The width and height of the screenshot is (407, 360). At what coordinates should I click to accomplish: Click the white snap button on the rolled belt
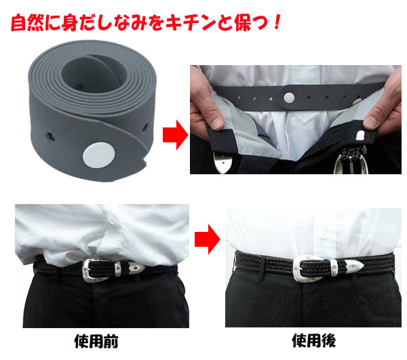(98, 156)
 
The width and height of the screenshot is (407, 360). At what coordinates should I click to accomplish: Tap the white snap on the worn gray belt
(289, 98)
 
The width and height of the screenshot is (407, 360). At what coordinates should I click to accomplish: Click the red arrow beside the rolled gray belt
(176, 135)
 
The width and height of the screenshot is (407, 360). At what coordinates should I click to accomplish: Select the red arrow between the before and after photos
(208, 239)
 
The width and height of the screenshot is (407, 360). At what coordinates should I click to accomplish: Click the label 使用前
(96, 341)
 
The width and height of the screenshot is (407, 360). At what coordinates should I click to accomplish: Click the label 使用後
(313, 340)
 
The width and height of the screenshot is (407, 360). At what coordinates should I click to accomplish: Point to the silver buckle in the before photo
(95, 270)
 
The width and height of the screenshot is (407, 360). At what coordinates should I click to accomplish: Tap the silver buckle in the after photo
(308, 268)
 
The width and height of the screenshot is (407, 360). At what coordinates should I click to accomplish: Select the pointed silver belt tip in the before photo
(136, 268)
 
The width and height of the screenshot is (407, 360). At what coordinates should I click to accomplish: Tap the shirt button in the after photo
(324, 236)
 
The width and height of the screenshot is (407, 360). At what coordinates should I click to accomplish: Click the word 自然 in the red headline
(27, 23)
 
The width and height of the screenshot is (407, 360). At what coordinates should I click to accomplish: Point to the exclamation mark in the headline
(277, 22)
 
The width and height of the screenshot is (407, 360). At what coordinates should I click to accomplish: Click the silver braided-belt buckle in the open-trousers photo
(351, 161)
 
